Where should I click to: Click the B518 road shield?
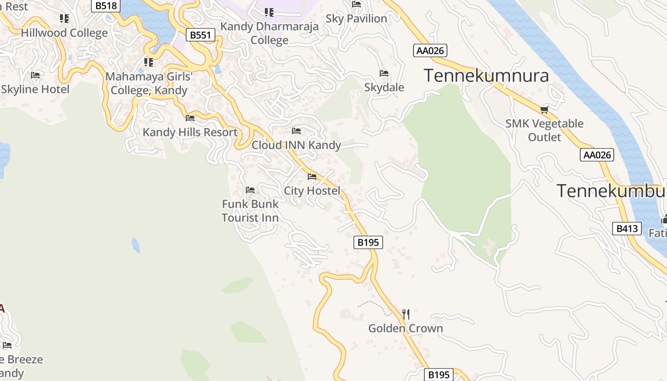coord(106,6)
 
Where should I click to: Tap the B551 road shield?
coord(200,35)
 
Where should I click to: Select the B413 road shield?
coord(627,229)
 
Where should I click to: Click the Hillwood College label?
coord(64,33)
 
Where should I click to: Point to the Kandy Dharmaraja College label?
coord(270,33)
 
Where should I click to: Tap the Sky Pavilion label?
coord(356,19)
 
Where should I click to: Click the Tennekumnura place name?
coord(486,76)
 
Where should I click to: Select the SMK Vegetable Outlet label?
coord(545,130)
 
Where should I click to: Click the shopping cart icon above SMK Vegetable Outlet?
coord(545,110)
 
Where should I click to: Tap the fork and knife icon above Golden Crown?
coord(406,314)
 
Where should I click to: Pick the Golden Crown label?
coord(405,328)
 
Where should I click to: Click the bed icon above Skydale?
coord(384,73)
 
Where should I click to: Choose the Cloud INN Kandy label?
coord(296,145)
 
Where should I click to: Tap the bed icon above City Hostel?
coord(312,177)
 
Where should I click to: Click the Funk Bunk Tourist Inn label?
coord(250,211)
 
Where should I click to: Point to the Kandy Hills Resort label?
coord(190,132)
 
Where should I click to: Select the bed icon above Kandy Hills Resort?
coord(190,118)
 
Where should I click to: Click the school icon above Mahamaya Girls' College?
coord(149,62)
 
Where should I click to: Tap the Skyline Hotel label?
coord(35,89)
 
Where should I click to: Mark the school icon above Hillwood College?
coord(64,19)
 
